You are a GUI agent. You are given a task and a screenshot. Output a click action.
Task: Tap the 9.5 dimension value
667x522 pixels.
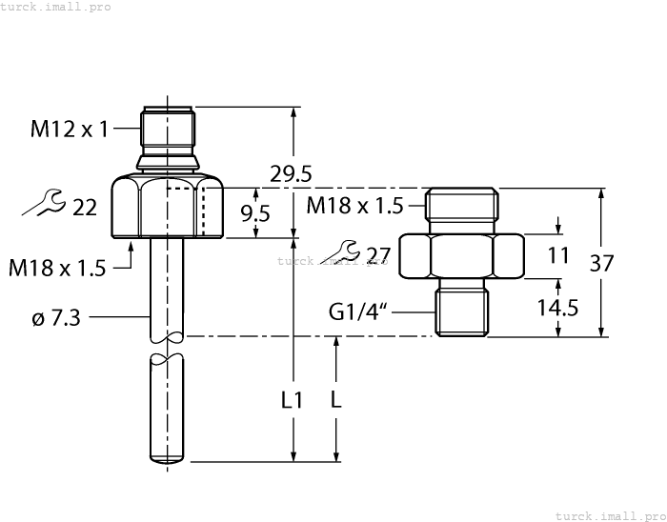click(254, 213)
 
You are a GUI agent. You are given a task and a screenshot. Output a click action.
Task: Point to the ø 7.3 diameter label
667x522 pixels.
click(56, 318)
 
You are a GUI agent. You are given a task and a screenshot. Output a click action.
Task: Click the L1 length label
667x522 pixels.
click(293, 401)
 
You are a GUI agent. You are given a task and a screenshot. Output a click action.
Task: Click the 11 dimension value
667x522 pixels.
click(558, 255)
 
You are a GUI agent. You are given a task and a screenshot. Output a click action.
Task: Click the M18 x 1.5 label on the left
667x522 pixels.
click(57, 269)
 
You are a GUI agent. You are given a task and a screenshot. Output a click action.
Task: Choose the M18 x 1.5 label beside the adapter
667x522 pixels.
click(354, 205)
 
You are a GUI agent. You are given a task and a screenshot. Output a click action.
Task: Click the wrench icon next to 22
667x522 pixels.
click(44, 202)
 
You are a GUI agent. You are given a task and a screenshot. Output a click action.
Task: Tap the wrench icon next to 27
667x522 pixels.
click(342, 251)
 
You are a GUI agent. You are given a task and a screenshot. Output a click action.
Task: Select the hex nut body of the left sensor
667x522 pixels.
click(167, 207)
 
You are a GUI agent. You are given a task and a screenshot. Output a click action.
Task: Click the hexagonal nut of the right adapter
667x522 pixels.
click(461, 255)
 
